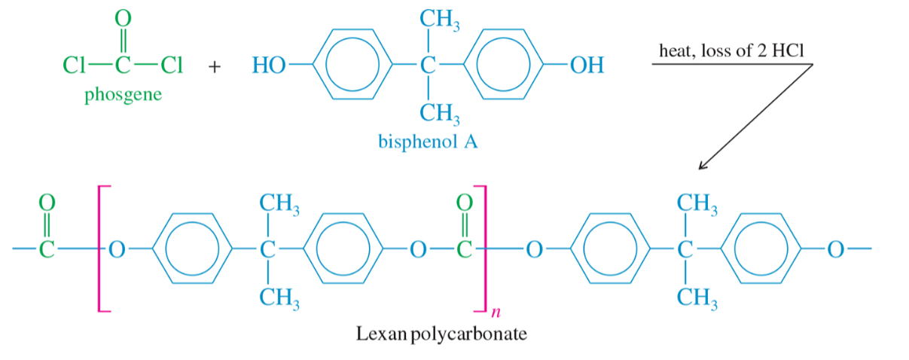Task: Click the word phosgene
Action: tap(123, 96)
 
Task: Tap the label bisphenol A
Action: tap(428, 142)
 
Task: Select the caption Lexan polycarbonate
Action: tap(441, 334)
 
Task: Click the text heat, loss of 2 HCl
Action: tap(731, 50)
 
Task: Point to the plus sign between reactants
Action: tap(215, 66)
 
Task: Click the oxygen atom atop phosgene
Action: tap(123, 18)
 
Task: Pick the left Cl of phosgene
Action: tap(74, 65)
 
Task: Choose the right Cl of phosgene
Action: tap(172, 65)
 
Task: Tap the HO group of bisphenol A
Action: tap(269, 65)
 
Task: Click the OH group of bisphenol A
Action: tap(587, 65)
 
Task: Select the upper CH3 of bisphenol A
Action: tap(440, 20)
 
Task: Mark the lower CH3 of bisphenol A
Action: tap(440, 114)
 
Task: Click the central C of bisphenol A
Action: tap(428, 65)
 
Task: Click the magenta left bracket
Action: tap(99, 249)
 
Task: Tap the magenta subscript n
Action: tap(496, 312)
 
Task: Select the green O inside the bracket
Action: tap(465, 202)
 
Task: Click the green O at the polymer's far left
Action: tap(47, 202)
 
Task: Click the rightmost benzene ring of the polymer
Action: tap(721, 249)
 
